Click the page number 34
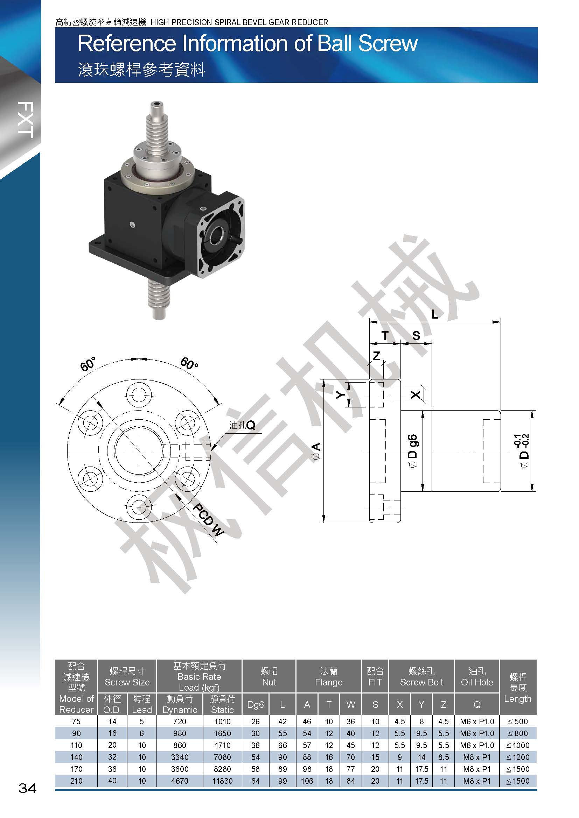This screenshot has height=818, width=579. tap(27, 788)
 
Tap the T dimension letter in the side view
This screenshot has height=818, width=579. tap(385, 335)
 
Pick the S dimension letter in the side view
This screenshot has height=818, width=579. tap(416, 335)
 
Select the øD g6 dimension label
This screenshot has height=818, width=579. tap(412, 451)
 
